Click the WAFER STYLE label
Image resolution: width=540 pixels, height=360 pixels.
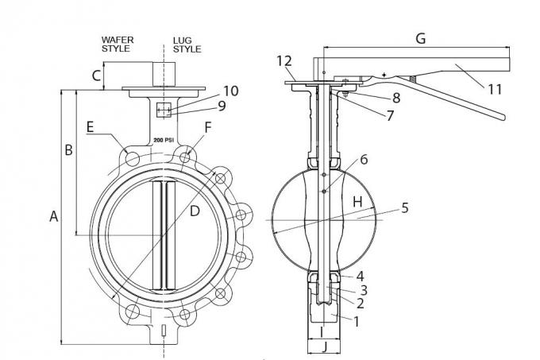[x=118, y=44]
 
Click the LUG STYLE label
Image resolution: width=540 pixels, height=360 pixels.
[x=187, y=45]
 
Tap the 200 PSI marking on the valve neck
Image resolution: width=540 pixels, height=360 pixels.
[x=164, y=140]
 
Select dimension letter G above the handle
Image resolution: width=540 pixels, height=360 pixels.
[x=421, y=38]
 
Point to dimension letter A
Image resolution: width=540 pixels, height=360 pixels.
[x=54, y=216]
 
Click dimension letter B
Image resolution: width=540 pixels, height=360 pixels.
[x=68, y=150]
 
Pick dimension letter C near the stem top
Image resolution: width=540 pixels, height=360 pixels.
[x=96, y=75]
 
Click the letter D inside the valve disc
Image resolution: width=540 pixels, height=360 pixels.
[x=195, y=211]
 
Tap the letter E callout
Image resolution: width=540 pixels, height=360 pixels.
[x=90, y=127]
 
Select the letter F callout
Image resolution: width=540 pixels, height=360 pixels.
[x=208, y=127]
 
